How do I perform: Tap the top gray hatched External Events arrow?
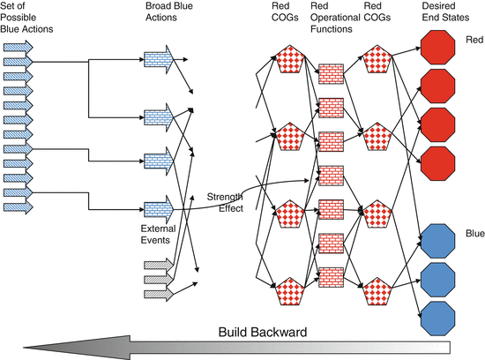157,265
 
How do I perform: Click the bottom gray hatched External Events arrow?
157,294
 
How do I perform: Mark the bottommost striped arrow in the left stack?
19,207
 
